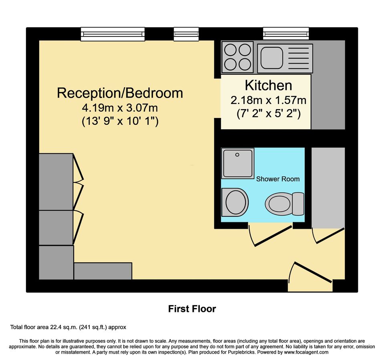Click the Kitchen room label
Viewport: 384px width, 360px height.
click(268, 85)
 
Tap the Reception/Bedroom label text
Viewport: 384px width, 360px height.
click(120, 93)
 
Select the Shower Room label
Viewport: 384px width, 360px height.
click(278, 179)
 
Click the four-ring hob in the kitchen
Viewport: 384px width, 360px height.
click(237, 57)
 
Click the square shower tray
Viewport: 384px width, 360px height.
click(238, 163)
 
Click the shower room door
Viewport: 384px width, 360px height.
click(271, 236)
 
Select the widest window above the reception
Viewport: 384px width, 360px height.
click(112, 34)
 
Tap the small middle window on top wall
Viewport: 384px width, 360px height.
click(186, 34)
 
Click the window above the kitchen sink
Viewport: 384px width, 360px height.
click(286, 34)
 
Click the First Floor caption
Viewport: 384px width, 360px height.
click(192, 309)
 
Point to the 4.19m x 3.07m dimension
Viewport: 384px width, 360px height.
click(120, 108)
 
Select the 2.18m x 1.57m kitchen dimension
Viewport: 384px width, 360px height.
click(268, 100)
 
